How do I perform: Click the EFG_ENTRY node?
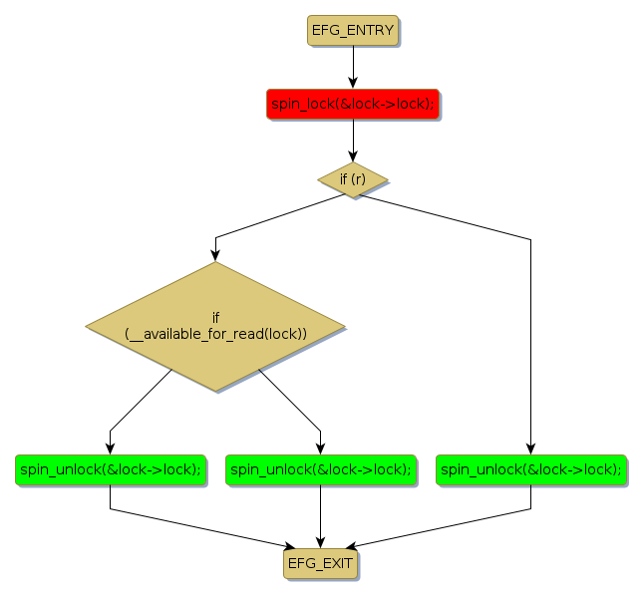(x=352, y=31)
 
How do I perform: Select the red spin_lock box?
(x=352, y=104)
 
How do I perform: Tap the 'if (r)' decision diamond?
(x=352, y=179)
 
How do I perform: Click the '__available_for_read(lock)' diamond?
(x=215, y=326)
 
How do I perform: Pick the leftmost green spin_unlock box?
(x=110, y=469)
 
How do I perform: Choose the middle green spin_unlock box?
(x=320, y=469)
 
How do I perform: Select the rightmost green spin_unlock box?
(x=530, y=469)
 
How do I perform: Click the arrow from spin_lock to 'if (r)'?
(x=352, y=141)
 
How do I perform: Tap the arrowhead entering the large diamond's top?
(x=215, y=254)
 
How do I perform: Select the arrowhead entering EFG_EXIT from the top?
(x=320, y=542)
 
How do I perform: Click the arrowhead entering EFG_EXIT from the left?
(x=290, y=546)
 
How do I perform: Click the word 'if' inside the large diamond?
(x=215, y=317)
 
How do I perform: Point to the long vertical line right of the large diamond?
(x=530, y=339)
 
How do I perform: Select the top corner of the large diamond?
(x=215, y=263)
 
